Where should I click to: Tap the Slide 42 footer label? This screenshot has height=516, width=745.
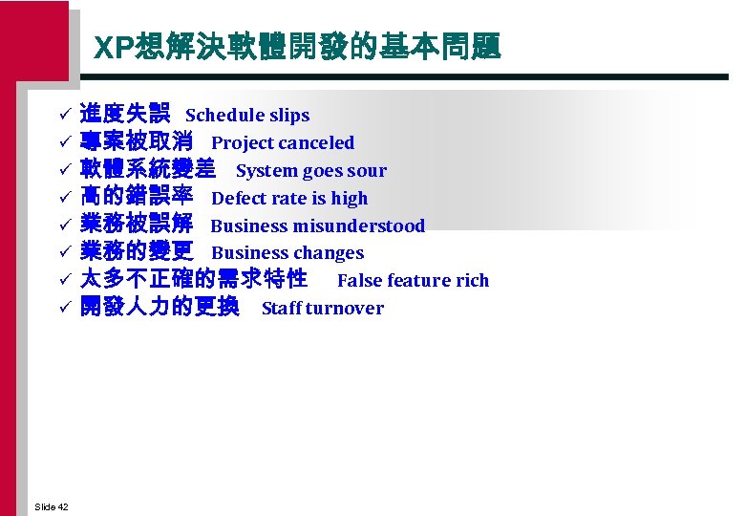(51, 506)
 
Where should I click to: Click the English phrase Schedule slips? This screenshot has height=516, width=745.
(247, 116)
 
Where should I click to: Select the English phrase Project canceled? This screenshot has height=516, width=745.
(283, 143)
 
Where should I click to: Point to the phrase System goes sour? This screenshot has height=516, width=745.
(311, 171)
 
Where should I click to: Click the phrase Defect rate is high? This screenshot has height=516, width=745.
(289, 199)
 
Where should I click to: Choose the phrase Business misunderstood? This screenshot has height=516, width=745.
(317, 226)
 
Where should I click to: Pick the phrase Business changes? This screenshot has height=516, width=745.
(287, 253)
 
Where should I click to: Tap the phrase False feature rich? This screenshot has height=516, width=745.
(413, 281)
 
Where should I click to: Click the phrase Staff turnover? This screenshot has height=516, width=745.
(323, 309)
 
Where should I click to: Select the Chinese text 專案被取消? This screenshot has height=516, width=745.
(137, 142)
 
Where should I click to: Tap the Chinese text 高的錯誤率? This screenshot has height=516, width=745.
(137, 198)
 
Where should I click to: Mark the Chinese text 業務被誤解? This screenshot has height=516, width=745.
(137, 226)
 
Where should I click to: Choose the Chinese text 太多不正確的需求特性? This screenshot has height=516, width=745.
(194, 280)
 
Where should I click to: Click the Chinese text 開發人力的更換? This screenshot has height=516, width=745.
(160, 308)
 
